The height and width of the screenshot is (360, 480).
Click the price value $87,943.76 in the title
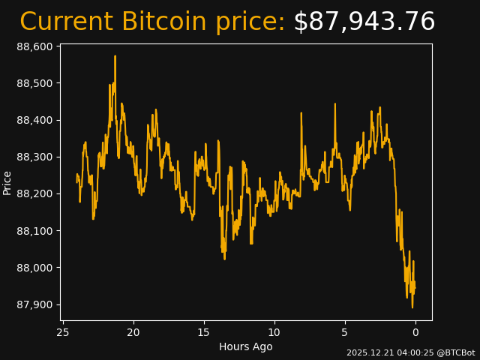pyautogui.click(x=364, y=22)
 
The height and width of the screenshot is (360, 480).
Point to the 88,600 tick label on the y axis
pyautogui.click(x=34, y=46)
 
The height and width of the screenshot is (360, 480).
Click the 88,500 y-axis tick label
pyautogui.click(x=34, y=83)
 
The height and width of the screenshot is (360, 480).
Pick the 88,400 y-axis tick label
pyautogui.click(x=34, y=120)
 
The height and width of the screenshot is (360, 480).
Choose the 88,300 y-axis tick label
pyautogui.click(x=34, y=157)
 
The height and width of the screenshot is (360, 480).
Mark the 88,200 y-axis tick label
pyautogui.click(x=34, y=193)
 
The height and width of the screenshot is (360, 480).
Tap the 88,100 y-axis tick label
pyautogui.click(x=34, y=231)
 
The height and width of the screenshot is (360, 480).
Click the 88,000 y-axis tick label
pyautogui.click(x=34, y=268)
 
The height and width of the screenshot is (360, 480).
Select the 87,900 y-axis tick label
pyautogui.click(x=34, y=304)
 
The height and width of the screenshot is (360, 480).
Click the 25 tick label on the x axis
pyautogui.click(x=63, y=332)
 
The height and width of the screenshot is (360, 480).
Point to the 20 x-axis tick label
pyautogui.click(x=133, y=332)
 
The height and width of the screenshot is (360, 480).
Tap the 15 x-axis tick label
pyautogui.click(x=204, y=332)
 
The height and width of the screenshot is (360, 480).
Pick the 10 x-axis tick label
pyautogui.click(x=274, y=332)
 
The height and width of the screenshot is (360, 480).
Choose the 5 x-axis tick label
pyautogui.click(x=345, y=332)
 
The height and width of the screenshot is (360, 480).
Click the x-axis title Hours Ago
pyautogui.click(x=246, y=346)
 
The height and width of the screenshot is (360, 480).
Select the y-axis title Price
pyautogui.click(x=7, y=182)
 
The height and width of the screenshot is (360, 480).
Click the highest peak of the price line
pyautogui.click(x=115, y=56)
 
